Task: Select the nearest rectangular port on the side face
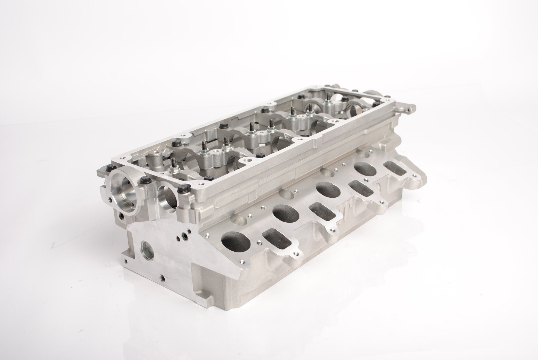pyautogui.click(x=278, y=239)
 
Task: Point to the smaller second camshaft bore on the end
pyautogui.click(x=167, y=197)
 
